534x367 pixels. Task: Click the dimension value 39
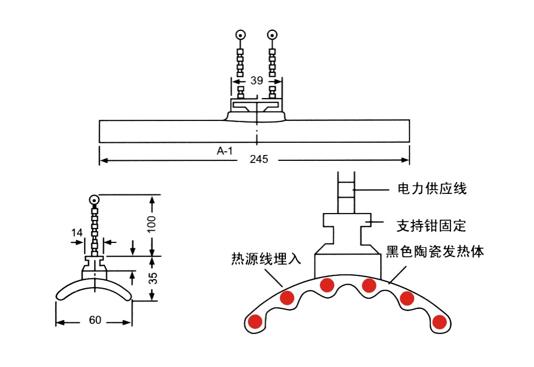coord(257,80)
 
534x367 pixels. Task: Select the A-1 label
coord(225,151)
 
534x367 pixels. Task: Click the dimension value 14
coord(77,232)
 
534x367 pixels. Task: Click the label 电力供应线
coord(432,189)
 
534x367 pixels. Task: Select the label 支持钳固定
coord(431,226)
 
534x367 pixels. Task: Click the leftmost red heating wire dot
coord(255,322)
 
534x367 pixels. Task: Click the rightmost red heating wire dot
coord(439,322)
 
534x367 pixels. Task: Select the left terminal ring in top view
coord(241,36)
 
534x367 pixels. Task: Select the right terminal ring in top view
coord(273,36)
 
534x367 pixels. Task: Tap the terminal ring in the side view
coord(95,201)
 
